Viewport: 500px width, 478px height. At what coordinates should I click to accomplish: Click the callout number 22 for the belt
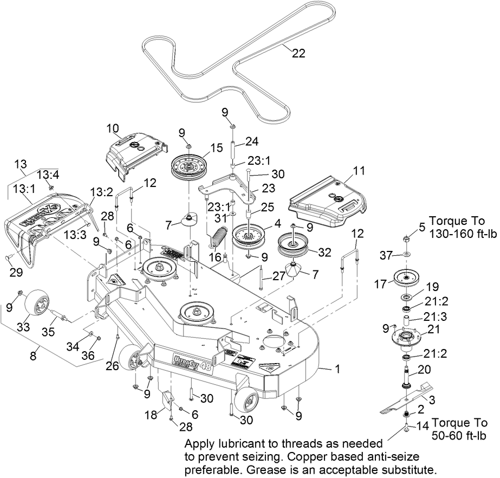point(298,53)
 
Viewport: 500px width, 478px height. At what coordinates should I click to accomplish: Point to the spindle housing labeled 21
point(407,339)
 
